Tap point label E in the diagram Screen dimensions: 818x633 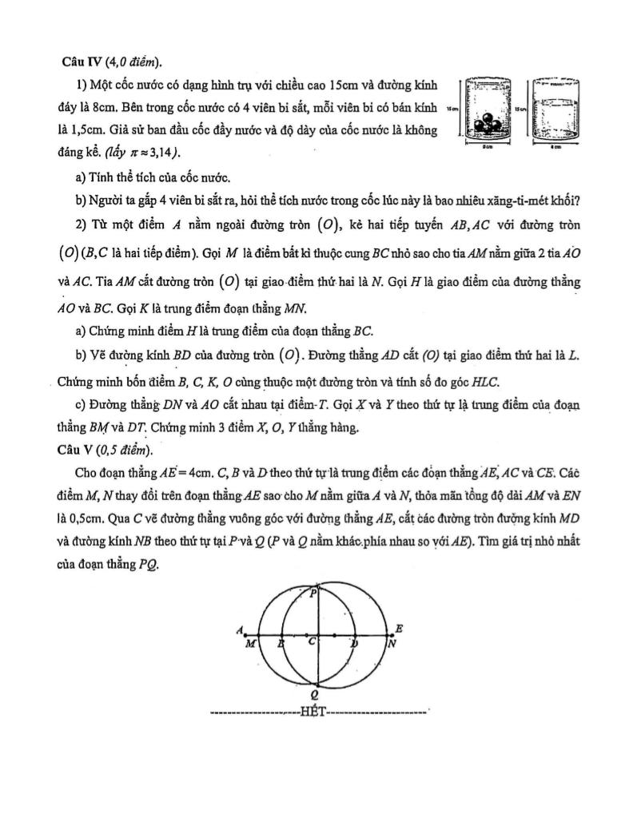point(400,629)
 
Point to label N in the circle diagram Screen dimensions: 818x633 point(391,643)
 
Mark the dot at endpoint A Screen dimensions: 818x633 point(243,637)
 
